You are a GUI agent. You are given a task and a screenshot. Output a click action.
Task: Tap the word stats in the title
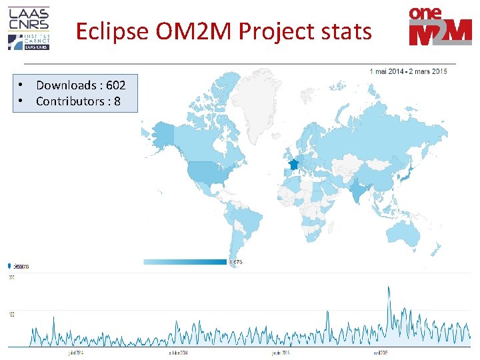click(345, 31)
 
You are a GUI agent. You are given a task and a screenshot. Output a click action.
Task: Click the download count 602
click(115, 85)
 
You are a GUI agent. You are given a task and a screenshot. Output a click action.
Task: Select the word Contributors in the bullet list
click(67, 101)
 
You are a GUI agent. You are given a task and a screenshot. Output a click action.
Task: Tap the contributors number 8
click(117, 101)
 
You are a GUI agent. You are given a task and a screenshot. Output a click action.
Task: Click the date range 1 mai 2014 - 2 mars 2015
click(407, 71)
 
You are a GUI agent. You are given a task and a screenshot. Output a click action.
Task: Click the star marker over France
click(293, 164)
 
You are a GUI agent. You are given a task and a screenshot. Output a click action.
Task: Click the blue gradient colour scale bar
click(185, 262)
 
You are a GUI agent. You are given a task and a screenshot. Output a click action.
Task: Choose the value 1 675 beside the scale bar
click(235, 262)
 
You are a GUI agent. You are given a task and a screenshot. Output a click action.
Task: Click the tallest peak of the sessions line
click(389, 288)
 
